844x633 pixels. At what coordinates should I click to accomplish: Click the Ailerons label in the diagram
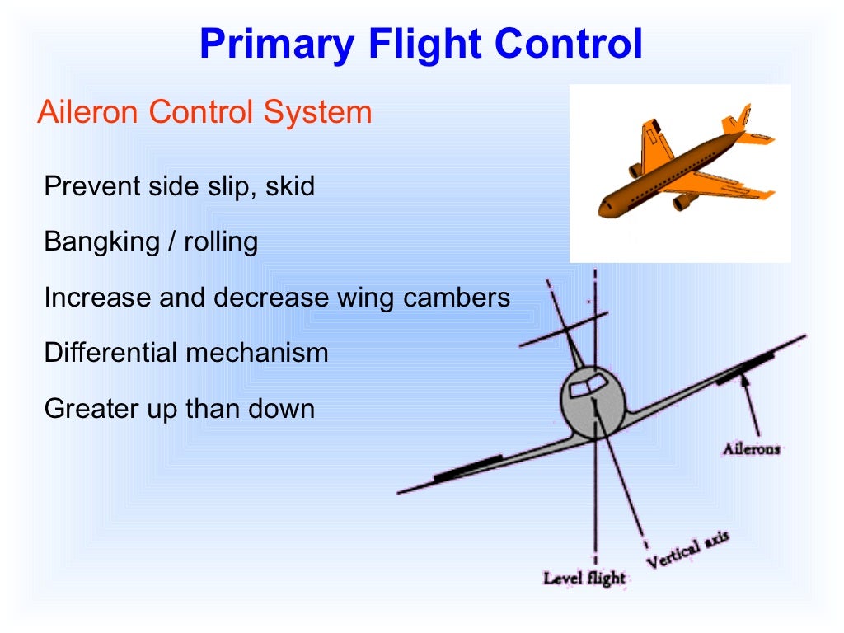[751, 449]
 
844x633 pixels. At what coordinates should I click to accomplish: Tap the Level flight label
[584, 578]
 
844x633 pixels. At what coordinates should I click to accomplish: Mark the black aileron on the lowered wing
[467, 467]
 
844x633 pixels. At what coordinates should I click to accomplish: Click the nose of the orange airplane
[603, 209]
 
